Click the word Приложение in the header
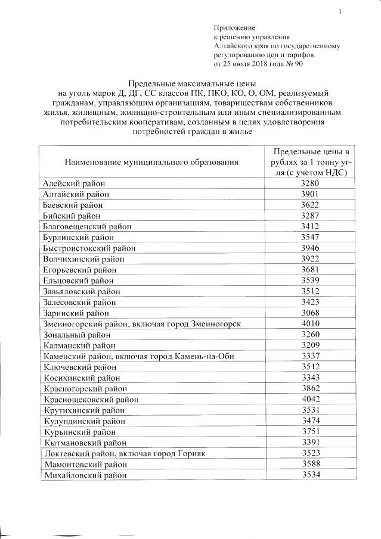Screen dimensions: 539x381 (234, 28)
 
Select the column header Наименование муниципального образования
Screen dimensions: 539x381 (151, 161)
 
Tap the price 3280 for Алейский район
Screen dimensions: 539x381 (311, 183)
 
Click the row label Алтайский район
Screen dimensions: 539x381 (76, 194)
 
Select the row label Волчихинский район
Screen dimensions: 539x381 (84, 258)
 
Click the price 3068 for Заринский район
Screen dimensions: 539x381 (311, 312)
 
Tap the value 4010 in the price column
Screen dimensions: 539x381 (311, 323)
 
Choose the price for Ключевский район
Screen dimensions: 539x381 (311, 366)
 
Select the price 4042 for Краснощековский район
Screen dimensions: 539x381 (311, 398)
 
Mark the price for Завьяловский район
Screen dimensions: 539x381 (311, 291)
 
